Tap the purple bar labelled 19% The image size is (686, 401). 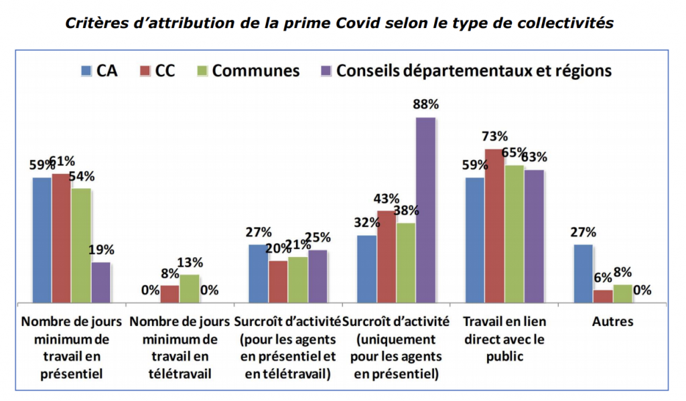pyautogui.click(x=101, y=282)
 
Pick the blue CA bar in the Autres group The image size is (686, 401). pyautogui.click(x=584, y=273)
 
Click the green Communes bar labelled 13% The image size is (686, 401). pyautogui.click(x=190, y=289)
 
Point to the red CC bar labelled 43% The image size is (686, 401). pyautogui.click(x=386, y=256)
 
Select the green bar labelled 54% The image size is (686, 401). pyautogui.click(x=81, y=245)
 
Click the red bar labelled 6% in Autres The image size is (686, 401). pyautogui.click(x=603, y=296)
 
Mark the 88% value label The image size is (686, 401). pyautogui.click(x=425, y=104)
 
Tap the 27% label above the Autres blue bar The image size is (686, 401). pyautogui.click(x=584, y=232)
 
